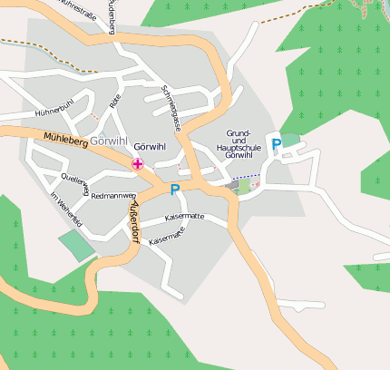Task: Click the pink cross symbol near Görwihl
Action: [137, 164]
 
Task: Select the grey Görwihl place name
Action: [112, 144]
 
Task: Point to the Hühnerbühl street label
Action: [52, 112]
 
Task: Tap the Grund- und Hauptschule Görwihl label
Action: [238, 144]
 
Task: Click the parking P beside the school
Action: [277, 144]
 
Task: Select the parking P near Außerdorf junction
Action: [174, 190]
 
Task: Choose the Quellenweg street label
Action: [75, 182]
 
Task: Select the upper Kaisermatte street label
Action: [184, 218]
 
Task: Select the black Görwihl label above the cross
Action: [150, 146]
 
